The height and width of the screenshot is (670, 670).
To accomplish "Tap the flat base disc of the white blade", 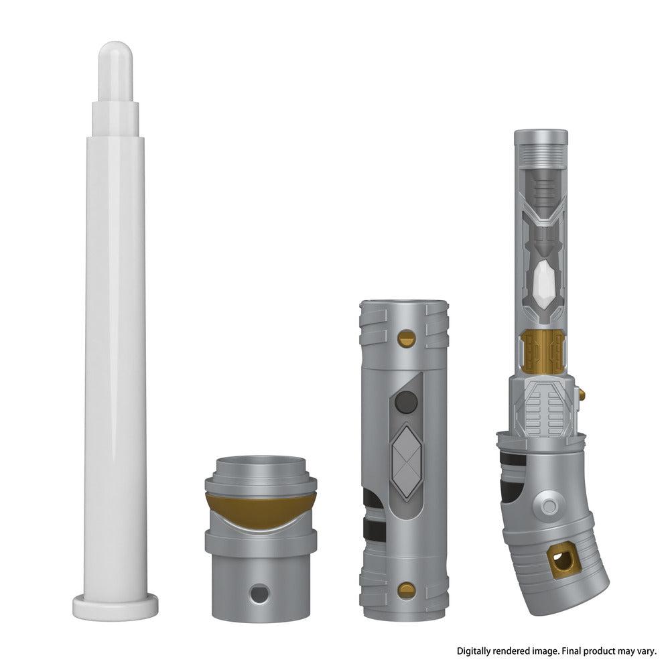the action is (x=115, y=606).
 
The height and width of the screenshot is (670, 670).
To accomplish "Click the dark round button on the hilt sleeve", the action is (x=406, y=402).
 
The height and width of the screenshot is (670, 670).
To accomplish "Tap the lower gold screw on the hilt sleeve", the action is (x=407, y=590).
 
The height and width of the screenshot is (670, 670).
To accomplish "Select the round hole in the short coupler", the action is (x=259, y=594).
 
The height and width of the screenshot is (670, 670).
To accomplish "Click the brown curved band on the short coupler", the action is (x=261, y=511).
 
